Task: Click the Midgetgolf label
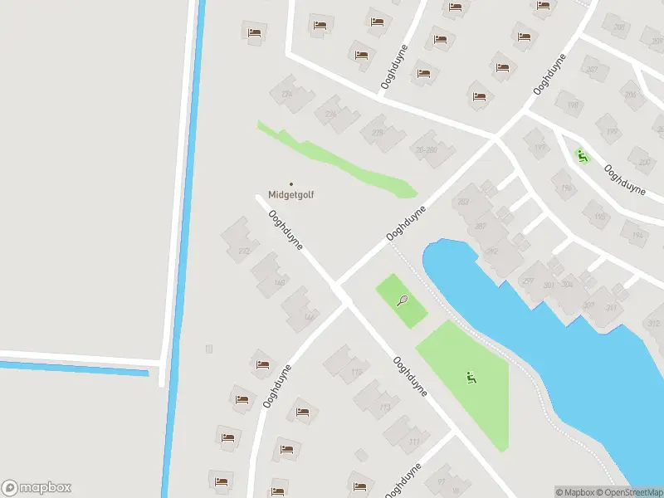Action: coord(290,195)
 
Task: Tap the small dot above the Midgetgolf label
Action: coord(290,183)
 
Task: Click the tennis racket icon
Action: coord(403,300)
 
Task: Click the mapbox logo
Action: coord(37,488)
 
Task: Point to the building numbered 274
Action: coord(288,94)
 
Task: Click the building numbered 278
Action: coord(378,133)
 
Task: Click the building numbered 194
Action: coord(637,236)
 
